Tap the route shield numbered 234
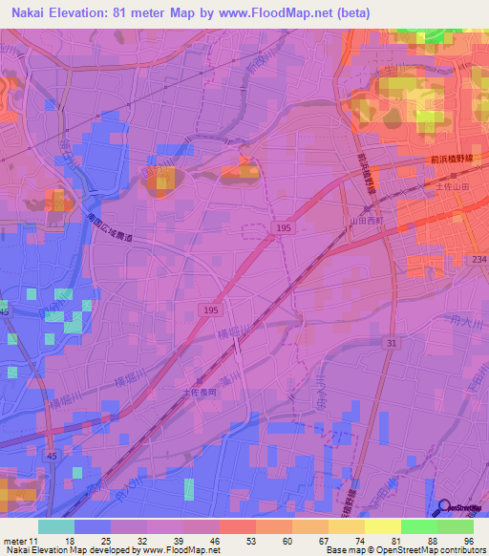click(478, 259)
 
